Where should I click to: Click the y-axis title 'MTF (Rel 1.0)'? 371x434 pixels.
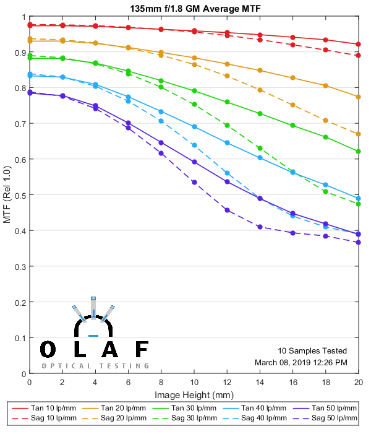point(7,195)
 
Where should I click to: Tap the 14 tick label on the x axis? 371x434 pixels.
point(260,383)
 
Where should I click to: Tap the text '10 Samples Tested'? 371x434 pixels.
point(312,350)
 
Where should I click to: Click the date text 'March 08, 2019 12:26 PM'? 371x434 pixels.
point(301,362)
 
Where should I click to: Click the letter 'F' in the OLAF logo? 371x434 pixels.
point(142,350)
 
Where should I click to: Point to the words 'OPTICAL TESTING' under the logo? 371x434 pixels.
point(95,366)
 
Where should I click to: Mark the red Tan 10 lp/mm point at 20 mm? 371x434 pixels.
point(359,44)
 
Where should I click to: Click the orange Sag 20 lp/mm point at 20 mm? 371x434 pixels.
point(359,134)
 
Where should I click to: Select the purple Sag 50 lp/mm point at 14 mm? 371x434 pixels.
point(260,227)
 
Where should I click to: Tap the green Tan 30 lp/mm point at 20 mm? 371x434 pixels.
point(359,151)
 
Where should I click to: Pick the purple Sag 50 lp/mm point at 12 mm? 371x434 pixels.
point(227,210)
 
